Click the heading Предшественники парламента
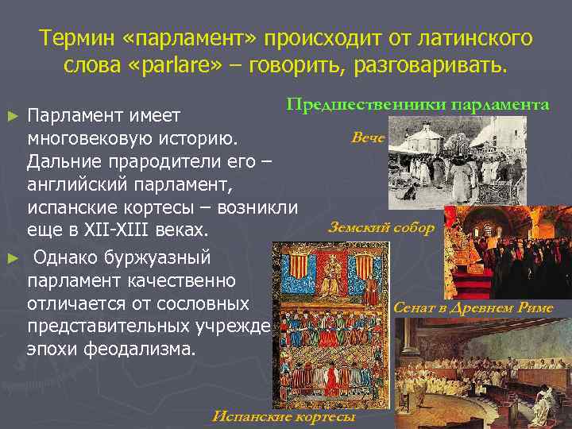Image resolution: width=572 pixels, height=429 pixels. click(418, 106)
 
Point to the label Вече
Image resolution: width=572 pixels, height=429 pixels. click(368, 138)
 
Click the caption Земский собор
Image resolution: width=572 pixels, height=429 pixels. click(381, 228)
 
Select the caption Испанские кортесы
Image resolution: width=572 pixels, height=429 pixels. click(284, 417)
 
